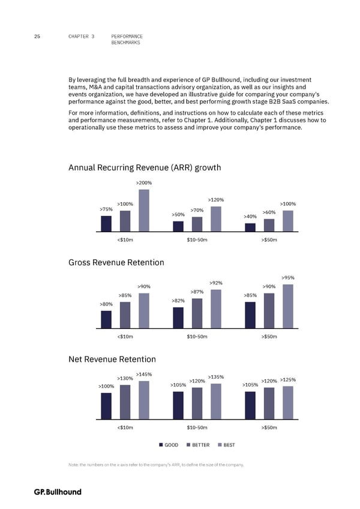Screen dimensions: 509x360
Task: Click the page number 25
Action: [x=37, y=37]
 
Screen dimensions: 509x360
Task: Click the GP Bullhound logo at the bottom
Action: [x=58, y=492]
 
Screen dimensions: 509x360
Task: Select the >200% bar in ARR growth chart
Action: [x=144, y=210]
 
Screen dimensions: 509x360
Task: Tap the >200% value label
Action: [x=144, y=183]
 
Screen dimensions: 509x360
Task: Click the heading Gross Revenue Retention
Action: [x=116, y=262]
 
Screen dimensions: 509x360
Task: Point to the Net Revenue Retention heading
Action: [x=112, y=360]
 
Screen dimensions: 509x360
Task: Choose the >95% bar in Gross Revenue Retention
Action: [x=288, y=306]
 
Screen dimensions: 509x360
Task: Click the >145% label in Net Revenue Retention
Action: [x=144, y=375]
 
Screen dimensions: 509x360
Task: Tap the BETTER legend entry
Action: [x=197, y=445]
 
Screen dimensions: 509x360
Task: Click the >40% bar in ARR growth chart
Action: [x=250, y=227]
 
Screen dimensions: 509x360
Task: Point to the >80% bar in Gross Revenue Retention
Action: [x=106, y=319]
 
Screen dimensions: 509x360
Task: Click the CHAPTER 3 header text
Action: [x=82, y=37]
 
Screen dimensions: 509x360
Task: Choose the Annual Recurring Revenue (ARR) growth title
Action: [x=145, y=168]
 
